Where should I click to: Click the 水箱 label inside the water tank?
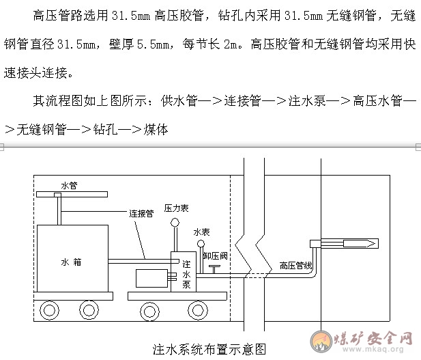point(71,260)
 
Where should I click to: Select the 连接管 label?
point(141,213)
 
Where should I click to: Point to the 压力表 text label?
point(175,207)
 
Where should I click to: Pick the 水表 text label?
point(201,232)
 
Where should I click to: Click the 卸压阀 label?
point(215,254)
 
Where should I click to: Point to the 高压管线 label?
point(296,264)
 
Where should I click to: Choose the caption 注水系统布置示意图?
point(209,349)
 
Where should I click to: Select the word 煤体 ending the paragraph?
point(156,128)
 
